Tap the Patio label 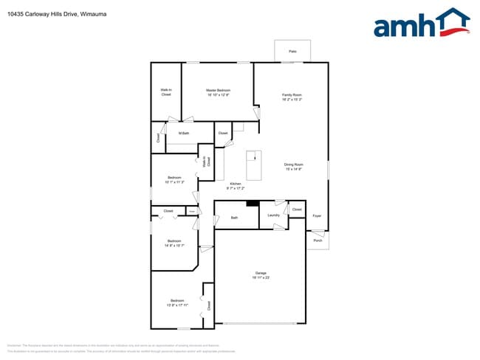[292, 52]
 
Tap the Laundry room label [273, 215]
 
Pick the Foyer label [317, 216]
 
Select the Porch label [318, 240]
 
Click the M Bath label [184, 134]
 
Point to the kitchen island [253, 165]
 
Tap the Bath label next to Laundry [234, 218]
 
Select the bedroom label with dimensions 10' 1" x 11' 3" [174, 179]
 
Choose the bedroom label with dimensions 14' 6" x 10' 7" [174, 243]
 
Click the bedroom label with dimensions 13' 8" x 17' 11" [177, 302]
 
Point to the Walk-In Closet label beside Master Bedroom [166, 92]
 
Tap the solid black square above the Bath [252, 204]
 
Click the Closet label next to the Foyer [297, 210]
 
